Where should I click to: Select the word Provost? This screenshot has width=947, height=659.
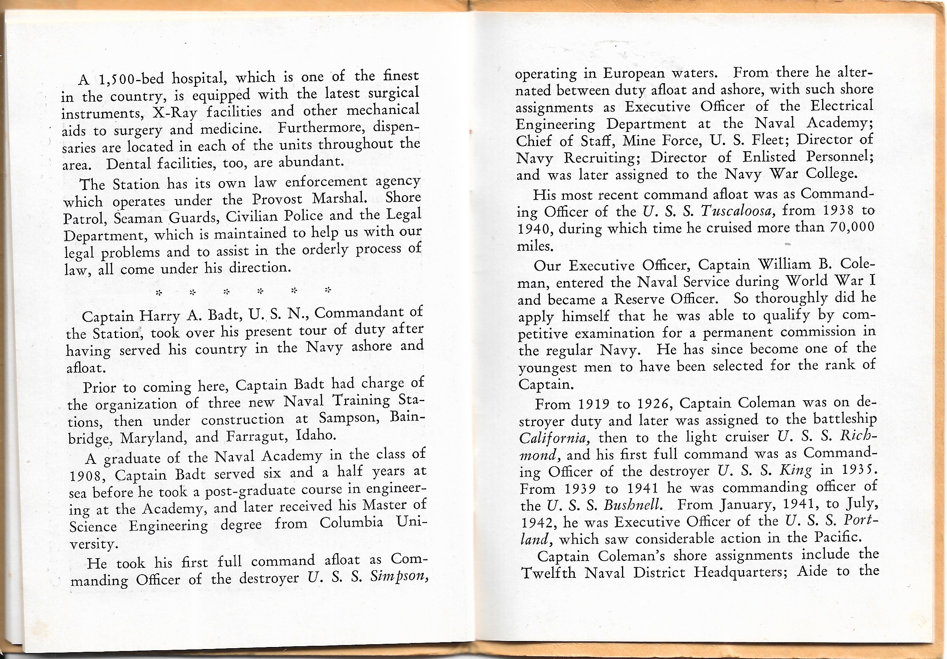tap(278, 200)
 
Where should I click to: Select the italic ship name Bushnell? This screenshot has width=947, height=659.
tap(633, 505)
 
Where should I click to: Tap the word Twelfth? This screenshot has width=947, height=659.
tap(549, 573)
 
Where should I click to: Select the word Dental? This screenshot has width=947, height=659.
tap(129, 164)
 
